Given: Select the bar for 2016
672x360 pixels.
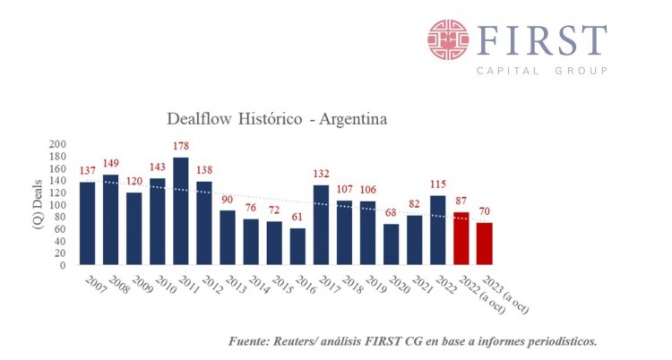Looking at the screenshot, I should [x=297, y=246].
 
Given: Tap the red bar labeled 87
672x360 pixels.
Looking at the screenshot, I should [x=461, y=238].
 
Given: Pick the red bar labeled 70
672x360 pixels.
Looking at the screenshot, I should [x=484, y=244].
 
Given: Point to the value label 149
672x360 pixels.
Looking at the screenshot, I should [x=111, y=164].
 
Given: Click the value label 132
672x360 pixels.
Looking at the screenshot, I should [x=322, y=174].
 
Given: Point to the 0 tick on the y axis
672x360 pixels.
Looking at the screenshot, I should [x=63, y=265].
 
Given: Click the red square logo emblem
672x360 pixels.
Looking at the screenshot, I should [x=448, y=39].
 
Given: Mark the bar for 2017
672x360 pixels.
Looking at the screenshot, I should [x=322, y=225].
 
